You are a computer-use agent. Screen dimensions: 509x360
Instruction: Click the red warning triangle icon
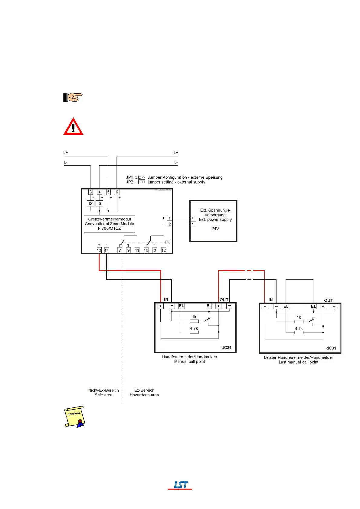point(73,127)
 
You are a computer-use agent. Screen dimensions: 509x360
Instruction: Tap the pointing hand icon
point(73,97)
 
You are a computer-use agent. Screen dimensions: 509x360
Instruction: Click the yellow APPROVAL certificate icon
point(74,417)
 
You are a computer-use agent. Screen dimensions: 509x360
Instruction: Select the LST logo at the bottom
point(180,485)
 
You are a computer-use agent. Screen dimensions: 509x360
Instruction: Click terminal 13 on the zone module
point(99,250)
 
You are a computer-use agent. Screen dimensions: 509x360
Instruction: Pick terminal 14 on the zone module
point(106,250)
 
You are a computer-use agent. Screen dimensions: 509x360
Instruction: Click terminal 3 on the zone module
point(90,192)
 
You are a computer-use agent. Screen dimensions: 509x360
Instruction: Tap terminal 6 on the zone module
point(117,192)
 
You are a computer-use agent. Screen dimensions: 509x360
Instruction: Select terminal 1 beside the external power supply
point(169,218)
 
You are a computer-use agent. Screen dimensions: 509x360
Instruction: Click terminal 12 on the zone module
point(164,250)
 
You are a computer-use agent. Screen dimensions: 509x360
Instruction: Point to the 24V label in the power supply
point(215,229)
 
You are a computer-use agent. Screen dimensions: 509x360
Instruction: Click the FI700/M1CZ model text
point(109,229)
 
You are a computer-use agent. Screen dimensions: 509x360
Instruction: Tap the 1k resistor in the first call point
point(194,321)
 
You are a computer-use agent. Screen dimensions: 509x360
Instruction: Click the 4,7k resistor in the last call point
point(299,332)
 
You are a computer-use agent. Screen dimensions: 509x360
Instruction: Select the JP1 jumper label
point(129,177)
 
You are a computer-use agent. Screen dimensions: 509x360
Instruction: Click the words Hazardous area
point(144,395)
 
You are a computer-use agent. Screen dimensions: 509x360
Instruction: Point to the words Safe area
point(103,395)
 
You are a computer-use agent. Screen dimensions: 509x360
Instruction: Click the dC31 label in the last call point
point(331,348)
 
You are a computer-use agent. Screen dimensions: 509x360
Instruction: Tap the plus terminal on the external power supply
point(193,218)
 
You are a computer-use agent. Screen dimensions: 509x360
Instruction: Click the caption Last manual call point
point(298,362)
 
